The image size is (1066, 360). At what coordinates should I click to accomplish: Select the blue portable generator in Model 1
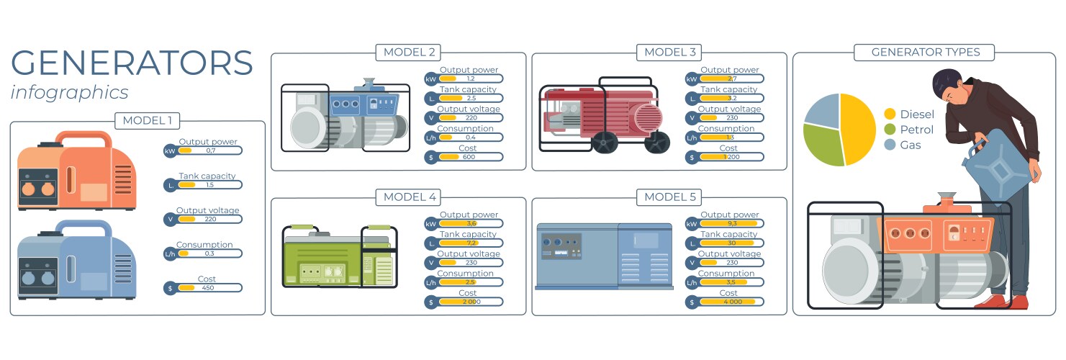coord(76,260)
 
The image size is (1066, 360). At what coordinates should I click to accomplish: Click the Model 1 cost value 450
coord(209,288)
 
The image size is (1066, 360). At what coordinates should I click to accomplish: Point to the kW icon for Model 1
coord(170,151)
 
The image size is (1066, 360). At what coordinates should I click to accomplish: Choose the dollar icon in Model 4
coord(430,302)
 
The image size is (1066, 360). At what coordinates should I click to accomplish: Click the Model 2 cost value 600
coord(469,157)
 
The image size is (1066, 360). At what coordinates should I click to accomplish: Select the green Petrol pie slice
coord(822,145)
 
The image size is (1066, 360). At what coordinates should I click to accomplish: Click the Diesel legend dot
coord(890,114)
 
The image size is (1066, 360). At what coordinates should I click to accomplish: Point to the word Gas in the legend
coord(911,145)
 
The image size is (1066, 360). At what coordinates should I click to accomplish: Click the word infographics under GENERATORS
coord(70,92)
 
